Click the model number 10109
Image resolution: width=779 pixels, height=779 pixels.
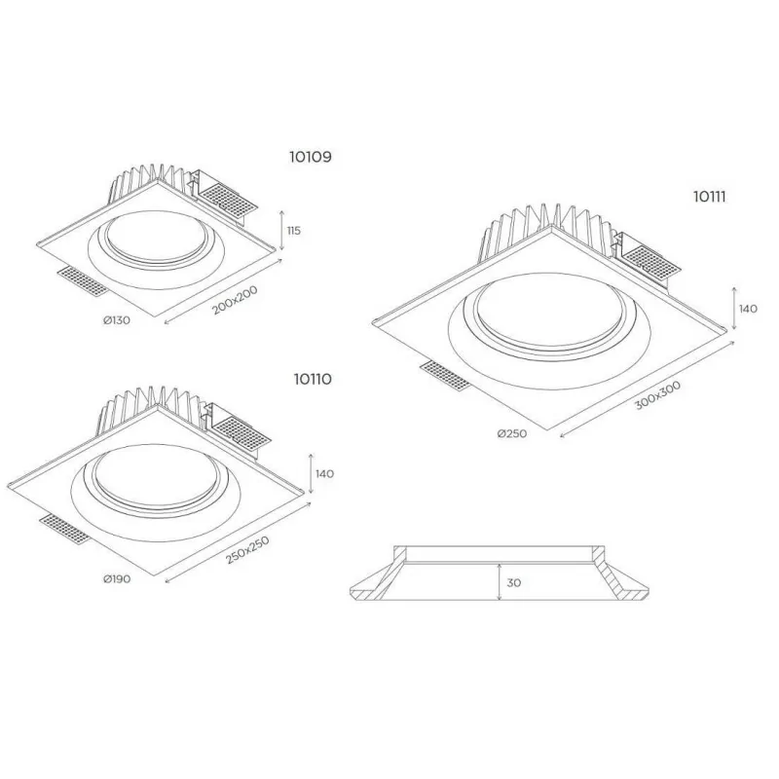(x=311, y=157)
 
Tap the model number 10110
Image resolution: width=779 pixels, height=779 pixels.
(x=313, y=380)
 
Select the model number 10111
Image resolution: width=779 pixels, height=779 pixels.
(x=710, y=198)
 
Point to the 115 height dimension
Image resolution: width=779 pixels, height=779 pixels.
(x=294, y=231)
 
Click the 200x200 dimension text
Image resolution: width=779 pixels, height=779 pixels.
(x=235, y=300)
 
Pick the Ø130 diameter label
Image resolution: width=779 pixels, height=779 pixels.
(x=117, y=320)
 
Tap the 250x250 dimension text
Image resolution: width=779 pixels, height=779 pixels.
(x=247, y=550)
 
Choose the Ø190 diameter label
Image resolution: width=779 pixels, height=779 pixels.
(x=117, y=578)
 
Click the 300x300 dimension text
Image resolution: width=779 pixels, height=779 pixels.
(x=658, y=395)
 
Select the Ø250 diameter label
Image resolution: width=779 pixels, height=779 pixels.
(x=512, y=433)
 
